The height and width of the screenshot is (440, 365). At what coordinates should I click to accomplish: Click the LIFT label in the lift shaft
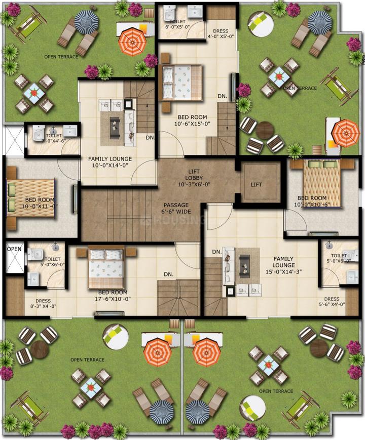(x=256, y=185)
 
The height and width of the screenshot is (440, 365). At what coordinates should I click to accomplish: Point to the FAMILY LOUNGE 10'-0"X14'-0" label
(x=109, y=162)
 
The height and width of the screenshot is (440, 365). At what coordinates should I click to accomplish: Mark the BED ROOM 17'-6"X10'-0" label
(x=115, y=296)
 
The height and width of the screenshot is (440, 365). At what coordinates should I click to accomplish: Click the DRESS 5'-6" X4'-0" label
(x=332, y=302)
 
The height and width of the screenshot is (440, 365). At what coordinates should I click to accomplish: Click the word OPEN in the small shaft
(x=14, y=249)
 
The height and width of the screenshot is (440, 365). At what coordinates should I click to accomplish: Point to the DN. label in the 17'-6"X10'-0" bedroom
(x=169, y=274)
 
